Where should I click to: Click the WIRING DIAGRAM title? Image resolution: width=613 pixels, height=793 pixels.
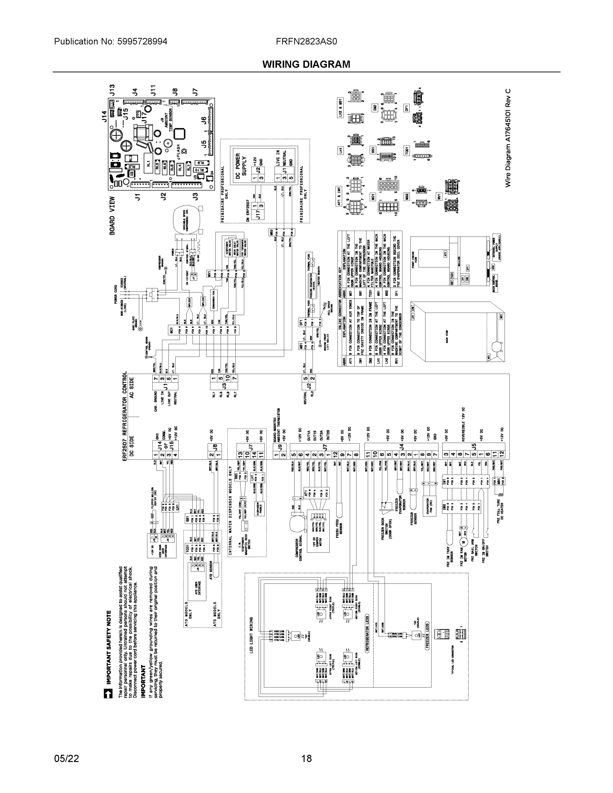click(x=306, y=64)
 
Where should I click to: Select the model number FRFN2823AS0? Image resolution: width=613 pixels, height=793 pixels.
click(x=306, y=41)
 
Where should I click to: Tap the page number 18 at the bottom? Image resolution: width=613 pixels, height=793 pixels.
click(x=306, y=759)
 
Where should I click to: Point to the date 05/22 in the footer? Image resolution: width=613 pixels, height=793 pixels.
click(x=66, y=759)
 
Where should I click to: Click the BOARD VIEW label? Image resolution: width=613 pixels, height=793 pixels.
click(x=112, y=216)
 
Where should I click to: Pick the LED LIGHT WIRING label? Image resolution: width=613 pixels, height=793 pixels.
click(x=251, y=635)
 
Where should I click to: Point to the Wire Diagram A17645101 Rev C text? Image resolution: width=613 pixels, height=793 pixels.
click(x=508, y=138)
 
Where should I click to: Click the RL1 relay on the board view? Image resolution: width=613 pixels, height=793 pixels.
click(x=148, y=164)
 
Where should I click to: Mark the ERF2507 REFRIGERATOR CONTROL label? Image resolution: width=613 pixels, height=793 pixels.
click(x=125, y=416)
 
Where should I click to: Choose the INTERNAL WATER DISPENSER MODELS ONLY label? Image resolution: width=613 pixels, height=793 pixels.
click(x=230, y=511)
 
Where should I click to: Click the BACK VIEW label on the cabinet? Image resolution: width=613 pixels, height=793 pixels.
click(x=447, y=336)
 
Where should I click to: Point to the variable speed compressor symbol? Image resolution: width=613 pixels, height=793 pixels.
click(x=186, y=221)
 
